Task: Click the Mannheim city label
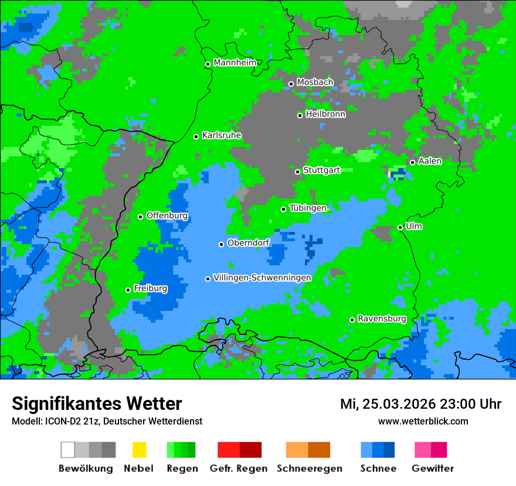coord(235,63)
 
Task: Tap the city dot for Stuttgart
coord(298,172)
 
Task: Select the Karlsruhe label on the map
coord(221,135)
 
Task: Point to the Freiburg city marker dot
coord(128,290)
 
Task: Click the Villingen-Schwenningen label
coord(262,278)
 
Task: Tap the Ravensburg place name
coord(382,319)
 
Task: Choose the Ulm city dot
coord(400,227)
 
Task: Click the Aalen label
coord(430,161)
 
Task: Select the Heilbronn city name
coord(325,114)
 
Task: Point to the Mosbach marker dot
coord(291,84)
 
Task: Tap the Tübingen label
coord(308,208)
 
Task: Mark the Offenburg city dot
coord(140,217)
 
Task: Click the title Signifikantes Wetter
coord(97,403)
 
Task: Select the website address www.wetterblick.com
coord(423,421)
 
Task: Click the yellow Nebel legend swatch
coord(139,450)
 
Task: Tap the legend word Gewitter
coord(432,468)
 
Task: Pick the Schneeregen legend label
coord(308,468)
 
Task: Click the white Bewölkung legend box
coord(68,450)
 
